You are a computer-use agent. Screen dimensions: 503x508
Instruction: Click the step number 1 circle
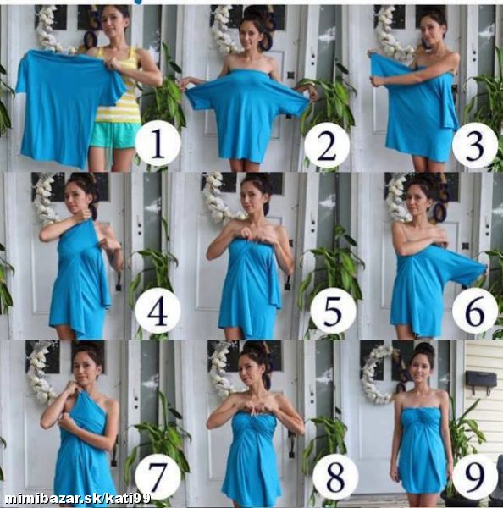158,143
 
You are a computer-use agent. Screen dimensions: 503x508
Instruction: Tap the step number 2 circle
327,146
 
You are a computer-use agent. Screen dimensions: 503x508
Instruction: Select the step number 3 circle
475,146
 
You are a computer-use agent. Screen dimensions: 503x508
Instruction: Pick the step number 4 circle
158,310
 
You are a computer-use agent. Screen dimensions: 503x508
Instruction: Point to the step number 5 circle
333,311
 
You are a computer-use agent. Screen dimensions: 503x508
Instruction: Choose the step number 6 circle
475,311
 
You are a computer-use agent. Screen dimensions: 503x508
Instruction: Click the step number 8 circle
335,478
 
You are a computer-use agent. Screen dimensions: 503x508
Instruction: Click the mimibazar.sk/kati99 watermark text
78,499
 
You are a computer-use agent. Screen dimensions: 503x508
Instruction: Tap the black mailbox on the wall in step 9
481,379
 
